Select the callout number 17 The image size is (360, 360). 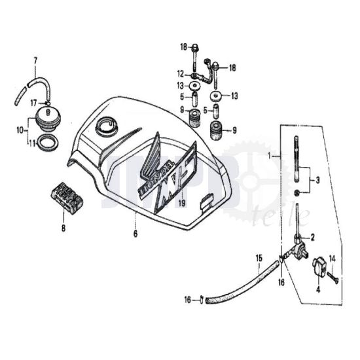[31, 102]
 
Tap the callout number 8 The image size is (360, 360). [63, 228]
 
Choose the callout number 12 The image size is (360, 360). [179, 73]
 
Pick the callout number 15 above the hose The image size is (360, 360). [259, 258]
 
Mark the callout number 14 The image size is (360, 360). [331, 259]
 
